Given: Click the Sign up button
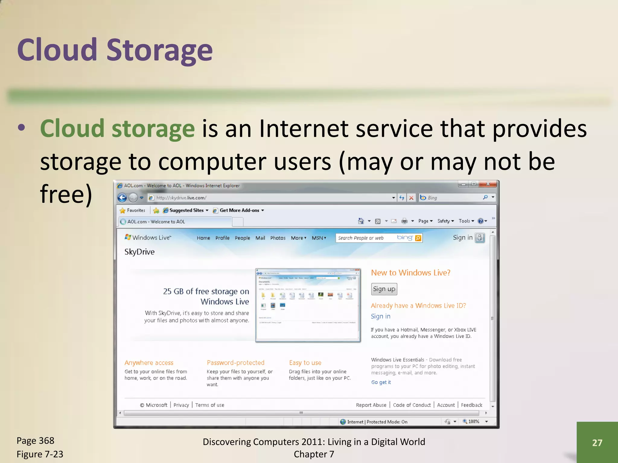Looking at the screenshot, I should tap(384, 289).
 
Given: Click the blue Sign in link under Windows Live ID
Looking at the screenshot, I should tap(381, 316).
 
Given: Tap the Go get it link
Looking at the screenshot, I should tap(381, 382).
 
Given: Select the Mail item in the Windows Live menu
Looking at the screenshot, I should tap(260, 238).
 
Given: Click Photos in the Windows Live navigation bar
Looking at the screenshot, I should tap(278, 238).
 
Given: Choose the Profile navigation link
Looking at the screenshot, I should tap(222, 238).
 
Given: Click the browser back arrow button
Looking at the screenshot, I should tap(122, 198).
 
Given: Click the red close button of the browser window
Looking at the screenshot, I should tap(488, 184).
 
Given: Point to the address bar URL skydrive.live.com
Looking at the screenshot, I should tap(181, 198).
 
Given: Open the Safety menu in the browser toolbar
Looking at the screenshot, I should tap(446, 221).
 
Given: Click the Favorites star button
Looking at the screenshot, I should tap(133, 210).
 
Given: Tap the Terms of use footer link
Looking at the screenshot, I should tap(210, 405).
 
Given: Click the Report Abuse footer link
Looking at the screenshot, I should tap(371, 405).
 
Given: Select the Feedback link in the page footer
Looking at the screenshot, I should tap(471, 405).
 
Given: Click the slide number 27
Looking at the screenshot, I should tap(597, 443).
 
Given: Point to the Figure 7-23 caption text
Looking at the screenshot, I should tap(40, 454).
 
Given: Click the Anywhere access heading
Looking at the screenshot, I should tap(149, 363).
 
